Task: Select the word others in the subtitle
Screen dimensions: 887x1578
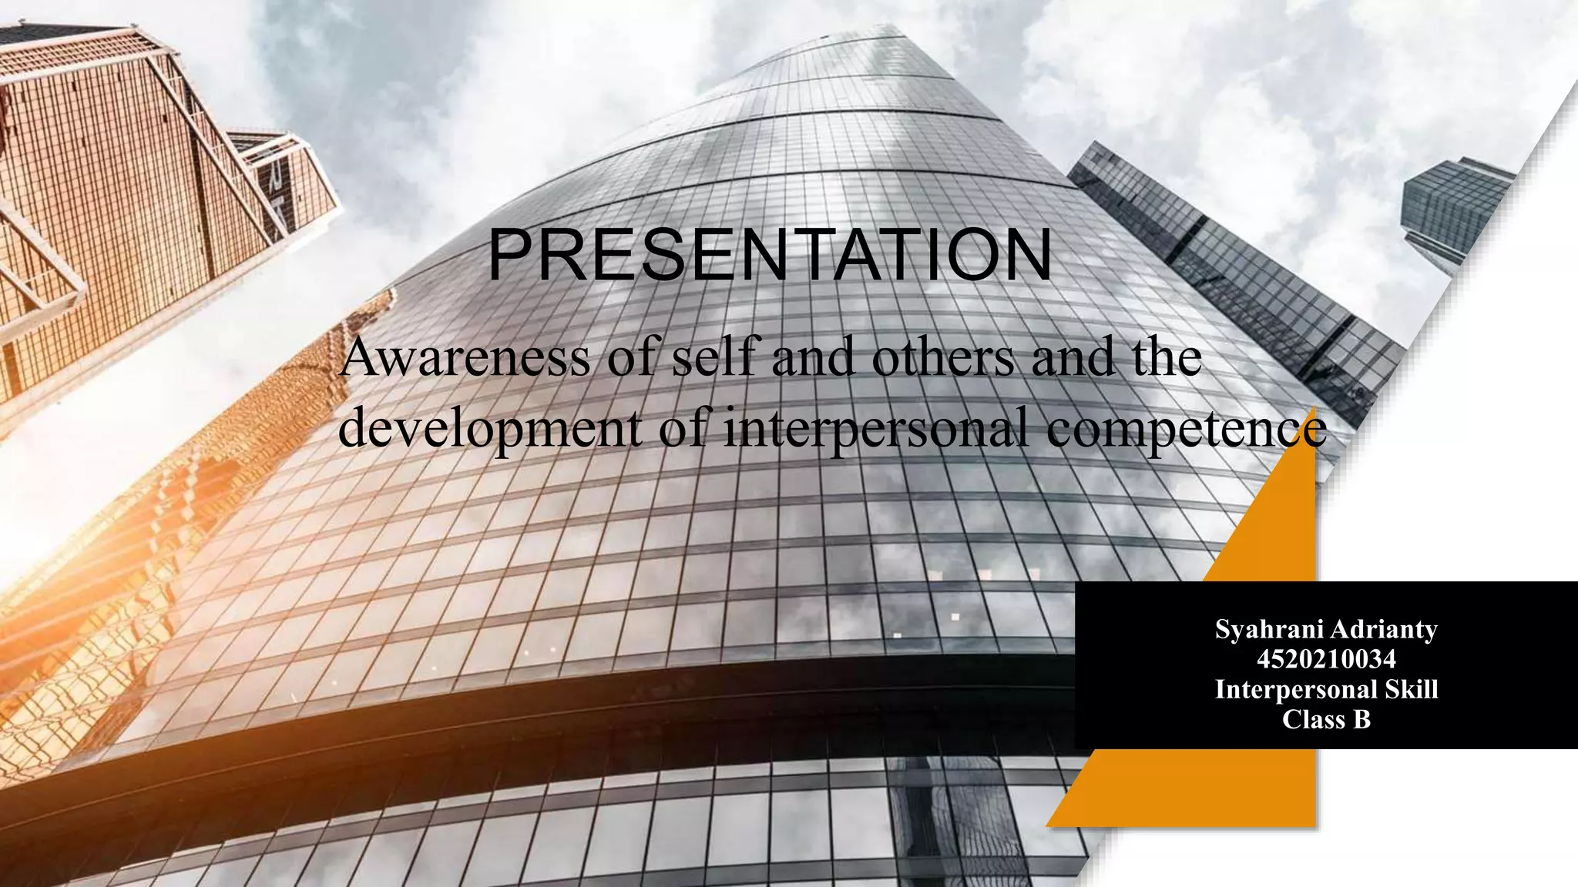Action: [943, 358]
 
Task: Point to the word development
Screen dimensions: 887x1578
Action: [490, 429]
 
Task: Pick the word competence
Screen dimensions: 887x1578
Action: [1187, 429]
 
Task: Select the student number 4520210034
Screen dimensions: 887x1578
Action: [1326, 659]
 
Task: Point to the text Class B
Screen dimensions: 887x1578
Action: [1326, 719]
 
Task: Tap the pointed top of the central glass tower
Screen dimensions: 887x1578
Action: [886, 35]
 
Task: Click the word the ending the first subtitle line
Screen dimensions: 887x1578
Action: [1167, 358]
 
